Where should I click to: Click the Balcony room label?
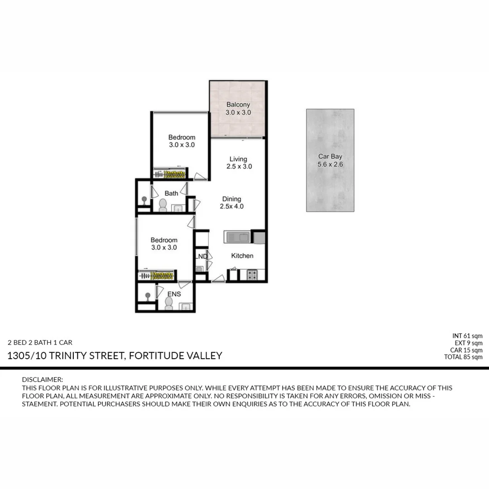(238, 105)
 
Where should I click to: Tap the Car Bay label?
(330, 157)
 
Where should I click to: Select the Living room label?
(238, 159)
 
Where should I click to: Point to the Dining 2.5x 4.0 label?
(232, 202)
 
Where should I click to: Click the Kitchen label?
(242, 256)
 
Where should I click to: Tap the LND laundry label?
(201, 257)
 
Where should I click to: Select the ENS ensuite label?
(174, 294)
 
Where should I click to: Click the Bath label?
(171, 193)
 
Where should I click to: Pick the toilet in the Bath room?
(163, 206)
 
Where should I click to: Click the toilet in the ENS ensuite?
(168, 305)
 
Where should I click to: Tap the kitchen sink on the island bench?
(238, 237)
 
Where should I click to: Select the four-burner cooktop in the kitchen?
(252, 274)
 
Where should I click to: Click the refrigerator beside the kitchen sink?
(259, 237)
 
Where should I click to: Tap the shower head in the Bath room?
(144, 199)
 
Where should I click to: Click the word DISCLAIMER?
(43, 379)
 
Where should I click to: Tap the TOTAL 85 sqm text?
(463, 357)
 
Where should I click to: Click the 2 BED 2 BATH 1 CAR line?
(40, 342)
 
